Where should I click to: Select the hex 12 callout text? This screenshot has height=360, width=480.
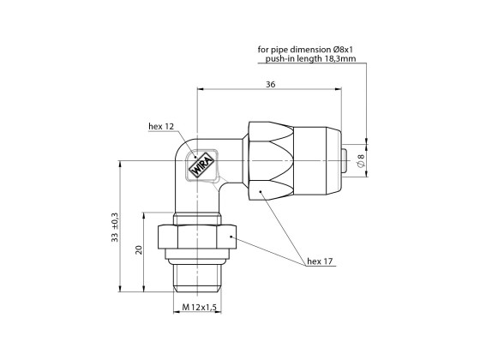pos(162,127)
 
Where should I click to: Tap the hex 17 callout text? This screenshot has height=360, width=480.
pos(320,261)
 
